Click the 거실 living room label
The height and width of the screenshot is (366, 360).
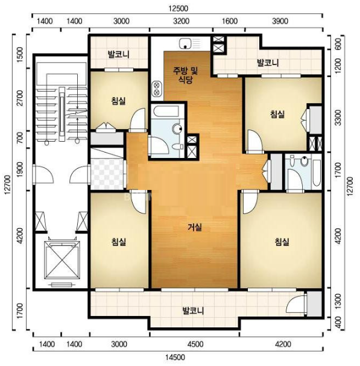[195, 227]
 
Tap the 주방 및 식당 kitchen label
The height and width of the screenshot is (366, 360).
[185, 75]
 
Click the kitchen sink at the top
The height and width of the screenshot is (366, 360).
[189, 43]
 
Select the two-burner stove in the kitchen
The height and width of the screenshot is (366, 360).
[157, 89]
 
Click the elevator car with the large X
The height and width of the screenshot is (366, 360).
[62, 260]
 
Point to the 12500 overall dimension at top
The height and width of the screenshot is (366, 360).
[178, 8]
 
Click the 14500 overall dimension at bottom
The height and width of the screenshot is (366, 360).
[175, 357]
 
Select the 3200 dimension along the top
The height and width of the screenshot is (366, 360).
[182, 21]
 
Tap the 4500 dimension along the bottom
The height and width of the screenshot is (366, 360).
[195, 344]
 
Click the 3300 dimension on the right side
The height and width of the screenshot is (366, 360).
[338, 118]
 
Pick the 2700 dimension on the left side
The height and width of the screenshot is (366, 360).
[21, 98]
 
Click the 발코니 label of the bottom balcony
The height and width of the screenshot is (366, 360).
[194, 311]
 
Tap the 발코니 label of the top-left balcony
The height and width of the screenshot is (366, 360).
[118, 54]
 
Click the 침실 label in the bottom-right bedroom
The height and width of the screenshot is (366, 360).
[282, 242]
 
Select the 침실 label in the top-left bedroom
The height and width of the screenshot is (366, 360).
[118, 101]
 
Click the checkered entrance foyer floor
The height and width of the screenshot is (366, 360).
[107, 174]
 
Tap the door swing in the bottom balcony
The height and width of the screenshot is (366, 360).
[295, 303]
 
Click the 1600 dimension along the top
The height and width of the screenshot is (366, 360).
[230, 21]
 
